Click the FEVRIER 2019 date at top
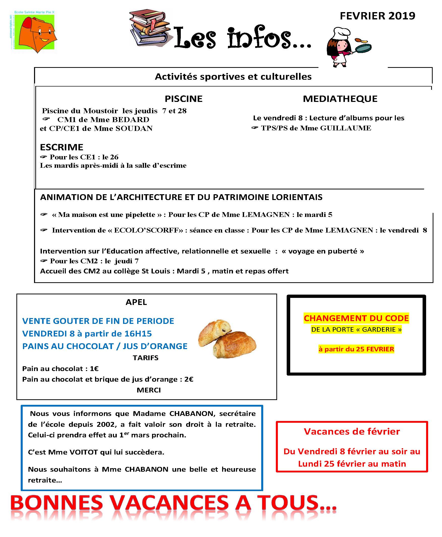click(377, 16)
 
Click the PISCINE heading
click(183, 99)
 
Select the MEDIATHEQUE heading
click(340, 99)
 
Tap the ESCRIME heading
click(62, 147)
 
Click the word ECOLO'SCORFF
click(147, 230)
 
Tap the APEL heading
click(136, 302)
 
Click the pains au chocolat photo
click(227, 338)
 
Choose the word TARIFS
click(145, 358)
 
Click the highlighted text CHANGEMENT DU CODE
click(356, 318)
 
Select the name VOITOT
click(84, 452)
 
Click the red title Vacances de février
click(352, 432)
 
